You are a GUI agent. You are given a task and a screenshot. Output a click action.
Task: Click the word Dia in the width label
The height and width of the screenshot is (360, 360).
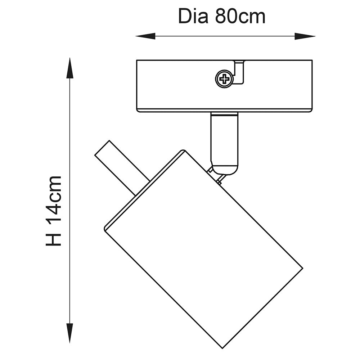click(193, 17)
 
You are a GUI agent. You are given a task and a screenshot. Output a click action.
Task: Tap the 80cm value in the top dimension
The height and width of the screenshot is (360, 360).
click(240, 17)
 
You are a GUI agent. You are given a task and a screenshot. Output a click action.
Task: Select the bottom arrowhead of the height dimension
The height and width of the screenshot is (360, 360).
click(70, 333)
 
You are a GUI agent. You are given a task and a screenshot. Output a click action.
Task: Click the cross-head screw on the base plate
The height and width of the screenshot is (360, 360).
click(224, 78)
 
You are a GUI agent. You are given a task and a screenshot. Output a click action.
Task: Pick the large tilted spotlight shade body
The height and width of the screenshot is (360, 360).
click(203, 248)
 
